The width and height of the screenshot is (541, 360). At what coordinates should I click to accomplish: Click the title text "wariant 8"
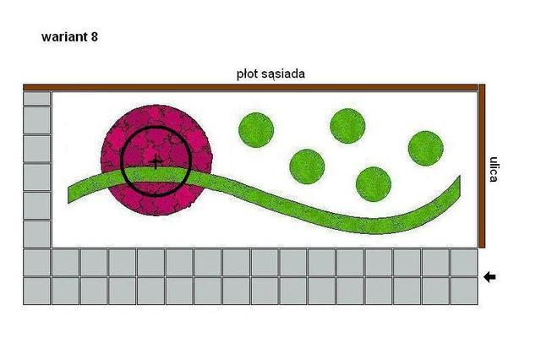69,36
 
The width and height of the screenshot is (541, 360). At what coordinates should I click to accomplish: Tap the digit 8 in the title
95,36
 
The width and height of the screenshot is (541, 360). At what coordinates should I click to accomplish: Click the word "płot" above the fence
247,74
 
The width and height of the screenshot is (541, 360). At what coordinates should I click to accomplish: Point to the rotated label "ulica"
494,169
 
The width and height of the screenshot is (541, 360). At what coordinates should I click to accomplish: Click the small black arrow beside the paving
489,277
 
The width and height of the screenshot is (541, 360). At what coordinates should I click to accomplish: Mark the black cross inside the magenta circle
156,161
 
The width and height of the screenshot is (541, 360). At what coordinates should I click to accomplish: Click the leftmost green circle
256,130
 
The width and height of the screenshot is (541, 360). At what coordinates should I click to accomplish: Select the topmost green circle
347,126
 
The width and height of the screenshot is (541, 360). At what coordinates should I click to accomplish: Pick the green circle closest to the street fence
426,149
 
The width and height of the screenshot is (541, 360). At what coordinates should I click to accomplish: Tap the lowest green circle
374,184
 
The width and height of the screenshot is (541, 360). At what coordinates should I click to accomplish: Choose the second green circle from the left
307,166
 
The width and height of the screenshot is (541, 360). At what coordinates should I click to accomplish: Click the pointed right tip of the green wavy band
460,176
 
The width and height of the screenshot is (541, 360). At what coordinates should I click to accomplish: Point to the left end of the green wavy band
68,195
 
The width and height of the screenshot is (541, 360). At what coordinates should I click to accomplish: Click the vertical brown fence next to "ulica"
482,166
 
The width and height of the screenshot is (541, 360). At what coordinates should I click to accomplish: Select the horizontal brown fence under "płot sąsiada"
250,87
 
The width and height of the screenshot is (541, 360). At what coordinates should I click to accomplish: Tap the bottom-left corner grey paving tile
37,291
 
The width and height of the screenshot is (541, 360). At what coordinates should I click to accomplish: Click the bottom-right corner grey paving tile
464,291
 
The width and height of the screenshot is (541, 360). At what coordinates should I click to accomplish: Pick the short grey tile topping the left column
37,98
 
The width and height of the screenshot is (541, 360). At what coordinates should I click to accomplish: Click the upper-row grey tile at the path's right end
464,263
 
